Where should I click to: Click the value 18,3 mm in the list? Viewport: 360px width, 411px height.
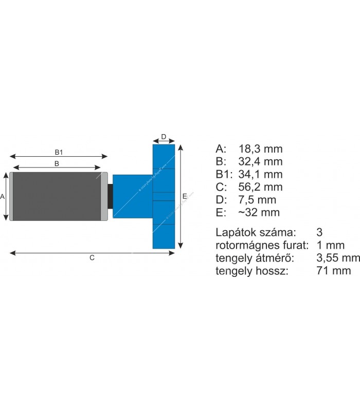[261, 149]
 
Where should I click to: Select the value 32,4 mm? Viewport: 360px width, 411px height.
[261, 162]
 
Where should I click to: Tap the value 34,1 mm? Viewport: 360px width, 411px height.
[261, 174]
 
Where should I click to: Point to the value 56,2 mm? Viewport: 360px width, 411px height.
[261, 187]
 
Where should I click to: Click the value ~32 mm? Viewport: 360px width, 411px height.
[259, 212]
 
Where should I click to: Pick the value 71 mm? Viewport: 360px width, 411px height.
[334, 270]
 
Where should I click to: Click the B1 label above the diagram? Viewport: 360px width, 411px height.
[59, 152]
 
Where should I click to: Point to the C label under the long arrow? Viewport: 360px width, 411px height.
[92, 258]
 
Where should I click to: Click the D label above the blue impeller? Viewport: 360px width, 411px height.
[164, 137]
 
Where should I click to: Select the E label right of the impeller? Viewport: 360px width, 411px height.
[185, 196]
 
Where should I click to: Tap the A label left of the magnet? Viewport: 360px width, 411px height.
[3, 196]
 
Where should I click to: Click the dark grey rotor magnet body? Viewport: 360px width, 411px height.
[57, 196]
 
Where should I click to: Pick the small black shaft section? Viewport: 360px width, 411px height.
[110, 196]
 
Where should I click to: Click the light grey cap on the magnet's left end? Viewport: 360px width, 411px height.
[11, 196]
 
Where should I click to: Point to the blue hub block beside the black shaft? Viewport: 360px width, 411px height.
[132, 196]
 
